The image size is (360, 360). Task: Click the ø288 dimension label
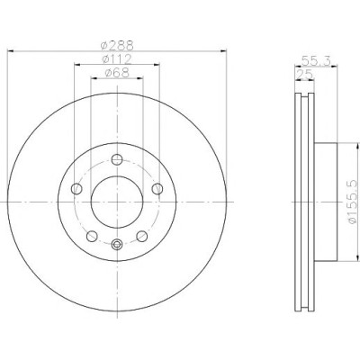tap(117, 46)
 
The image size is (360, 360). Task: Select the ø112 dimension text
tap(117, 59)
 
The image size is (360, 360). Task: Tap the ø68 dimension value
tap(117, 73)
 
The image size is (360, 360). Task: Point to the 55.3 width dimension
tap(316, 61)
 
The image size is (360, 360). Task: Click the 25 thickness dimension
tap(304, 74)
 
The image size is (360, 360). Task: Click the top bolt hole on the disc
tap(117, 159)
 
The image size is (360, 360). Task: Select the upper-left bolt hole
tap(76, 189)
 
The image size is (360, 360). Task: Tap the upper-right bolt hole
tap(157, 189)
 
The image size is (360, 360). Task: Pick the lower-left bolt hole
tap(92, 236)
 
